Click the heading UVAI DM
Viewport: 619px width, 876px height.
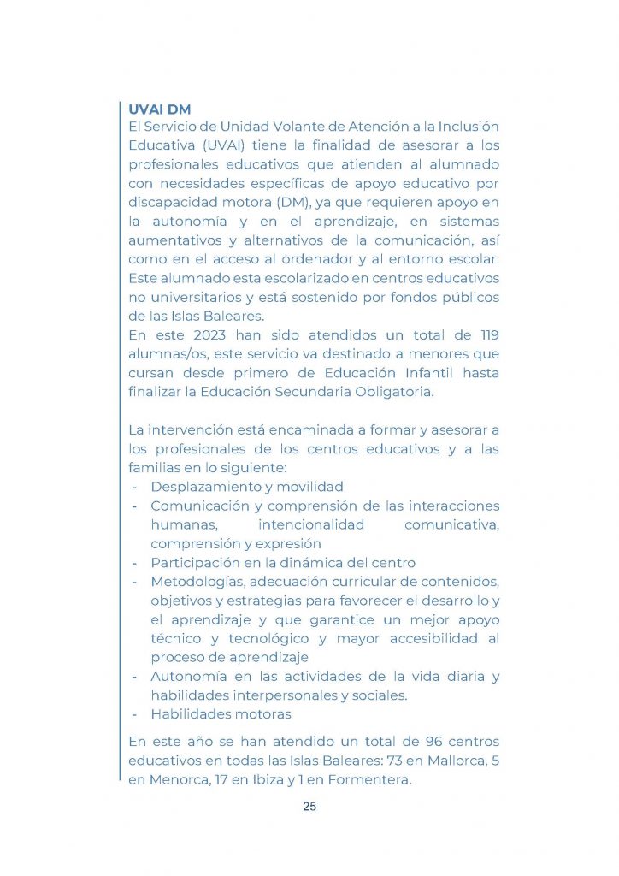(x=159, y=109)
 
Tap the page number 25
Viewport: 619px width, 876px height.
(x=309, y=806)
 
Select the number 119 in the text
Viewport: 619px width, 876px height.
(x=486, y=334)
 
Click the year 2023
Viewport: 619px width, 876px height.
(x=209, y=334)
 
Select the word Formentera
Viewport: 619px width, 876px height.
(x=368, y=779)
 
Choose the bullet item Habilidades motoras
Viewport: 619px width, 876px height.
(x=221, y=713)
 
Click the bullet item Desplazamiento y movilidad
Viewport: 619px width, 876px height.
(x=247, y=487)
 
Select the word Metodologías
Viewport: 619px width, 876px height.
(x=197, y=582)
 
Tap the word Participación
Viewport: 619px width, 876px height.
(x=194, y=562)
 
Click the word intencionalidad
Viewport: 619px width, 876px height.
(x=311, y=524)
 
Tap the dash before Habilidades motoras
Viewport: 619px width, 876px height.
(x=134, y=713)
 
